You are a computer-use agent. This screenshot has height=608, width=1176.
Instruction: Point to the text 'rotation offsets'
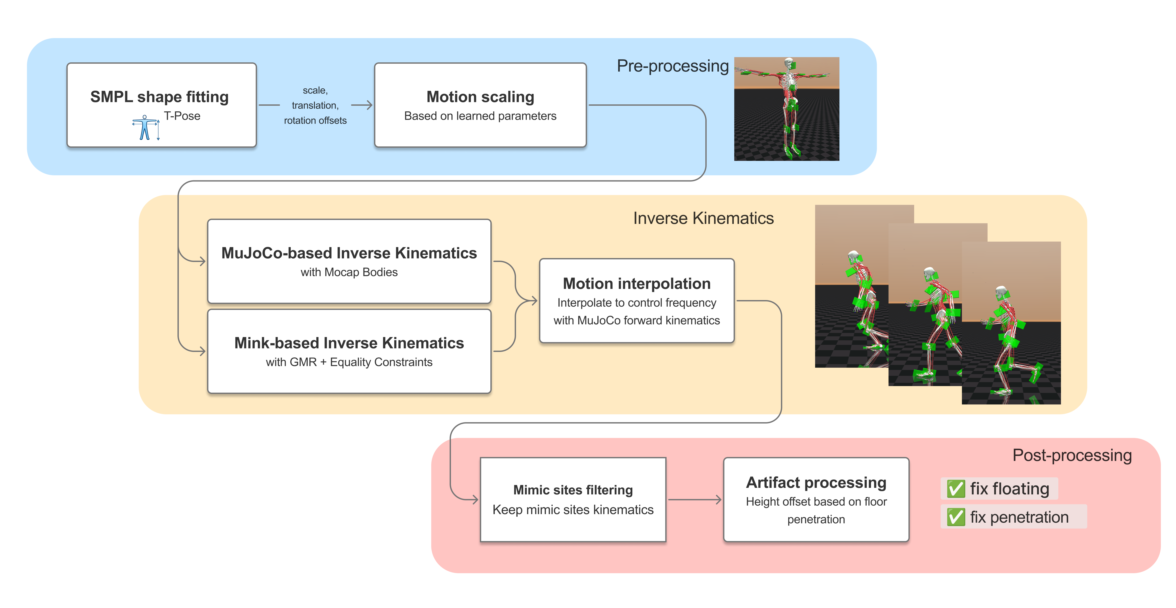click(315, 120)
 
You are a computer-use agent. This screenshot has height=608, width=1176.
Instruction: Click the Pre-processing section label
click(672, 66)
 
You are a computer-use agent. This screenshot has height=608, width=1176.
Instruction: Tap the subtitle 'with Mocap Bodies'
click(349, 272)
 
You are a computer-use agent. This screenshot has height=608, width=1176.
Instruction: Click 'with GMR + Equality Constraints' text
click(349, 362)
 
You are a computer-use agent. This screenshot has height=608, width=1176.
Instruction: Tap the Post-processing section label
click(1072, 455)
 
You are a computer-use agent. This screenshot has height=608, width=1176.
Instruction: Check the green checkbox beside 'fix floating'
click(956, 489)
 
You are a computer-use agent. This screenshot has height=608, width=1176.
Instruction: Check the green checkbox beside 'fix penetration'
click(956, 517)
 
